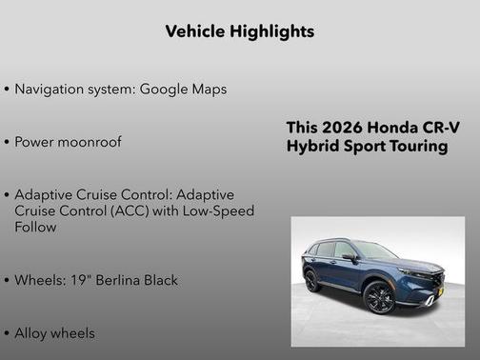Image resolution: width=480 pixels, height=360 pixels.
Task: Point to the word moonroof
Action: click(x=88, y=142)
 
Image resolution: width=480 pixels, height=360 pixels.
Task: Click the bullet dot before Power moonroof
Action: click(x=8, y=142)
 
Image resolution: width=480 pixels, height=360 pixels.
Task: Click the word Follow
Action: click(x=35, y=228)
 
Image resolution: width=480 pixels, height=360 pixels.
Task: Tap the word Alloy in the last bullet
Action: click(x=33, y=333)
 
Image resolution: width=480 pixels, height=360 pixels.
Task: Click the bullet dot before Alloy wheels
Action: click(x=8, y=334)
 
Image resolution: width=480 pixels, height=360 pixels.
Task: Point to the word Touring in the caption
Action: click(x=416, y=147)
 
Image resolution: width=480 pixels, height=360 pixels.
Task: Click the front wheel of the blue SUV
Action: click(x=378, y=298)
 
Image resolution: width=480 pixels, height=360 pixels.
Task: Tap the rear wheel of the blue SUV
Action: click(x=313, y=281)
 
